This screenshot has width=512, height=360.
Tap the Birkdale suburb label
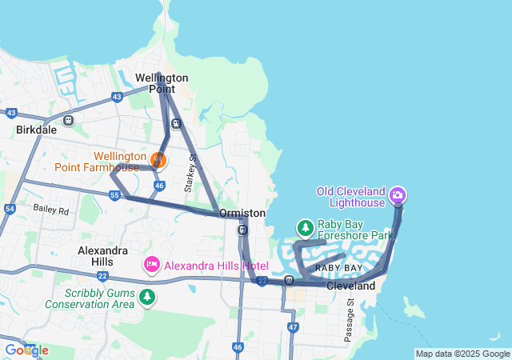tap(35, 129)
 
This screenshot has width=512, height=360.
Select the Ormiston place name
tap(242, 214)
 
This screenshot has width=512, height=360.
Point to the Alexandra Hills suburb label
tap(102, 256)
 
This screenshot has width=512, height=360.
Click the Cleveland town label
tap(350, 286)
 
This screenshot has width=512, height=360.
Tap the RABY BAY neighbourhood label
tap(338, 267)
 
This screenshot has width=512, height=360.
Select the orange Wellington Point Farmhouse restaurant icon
tap(158, 161)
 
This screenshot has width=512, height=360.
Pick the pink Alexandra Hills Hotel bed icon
tap(151, 264)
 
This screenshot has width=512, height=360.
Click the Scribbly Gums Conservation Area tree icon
tap(146, 298)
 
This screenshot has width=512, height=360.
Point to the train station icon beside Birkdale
tap(68, 121)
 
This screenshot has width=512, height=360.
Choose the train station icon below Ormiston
tap(242, 230)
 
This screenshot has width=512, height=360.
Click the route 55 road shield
tap(115, 195)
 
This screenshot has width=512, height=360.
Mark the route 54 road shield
tap(10, 209)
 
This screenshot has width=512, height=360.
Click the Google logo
tap(26, 350)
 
